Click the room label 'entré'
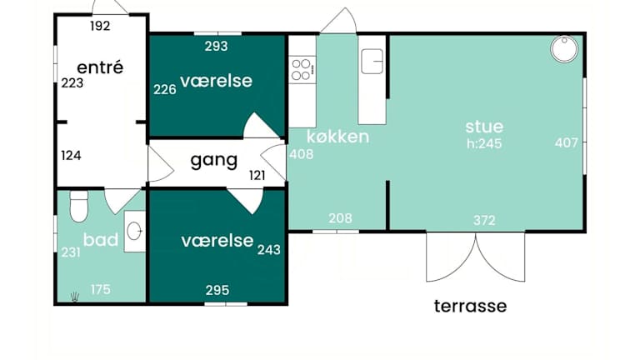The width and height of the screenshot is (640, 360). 100,67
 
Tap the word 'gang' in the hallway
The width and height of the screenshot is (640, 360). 214,160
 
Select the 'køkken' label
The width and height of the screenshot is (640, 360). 338,137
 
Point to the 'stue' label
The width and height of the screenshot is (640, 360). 484,127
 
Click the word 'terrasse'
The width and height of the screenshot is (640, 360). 470,306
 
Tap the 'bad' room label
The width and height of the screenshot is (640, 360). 100,240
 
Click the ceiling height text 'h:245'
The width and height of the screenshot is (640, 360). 484,143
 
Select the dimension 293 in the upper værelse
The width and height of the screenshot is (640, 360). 217,46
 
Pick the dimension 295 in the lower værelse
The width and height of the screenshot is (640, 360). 217,290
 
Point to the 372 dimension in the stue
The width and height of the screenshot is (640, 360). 484,220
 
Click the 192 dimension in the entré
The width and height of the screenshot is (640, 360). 100,26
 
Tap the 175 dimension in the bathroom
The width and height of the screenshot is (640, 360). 100,289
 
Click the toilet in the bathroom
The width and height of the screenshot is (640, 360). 79,206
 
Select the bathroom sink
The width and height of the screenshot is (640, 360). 134,232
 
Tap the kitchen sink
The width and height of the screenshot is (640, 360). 372,61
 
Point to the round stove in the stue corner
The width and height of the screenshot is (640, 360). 564,49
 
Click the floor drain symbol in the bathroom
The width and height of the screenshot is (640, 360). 74,297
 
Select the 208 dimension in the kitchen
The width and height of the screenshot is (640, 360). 340,218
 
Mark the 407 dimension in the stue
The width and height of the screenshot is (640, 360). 567,142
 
